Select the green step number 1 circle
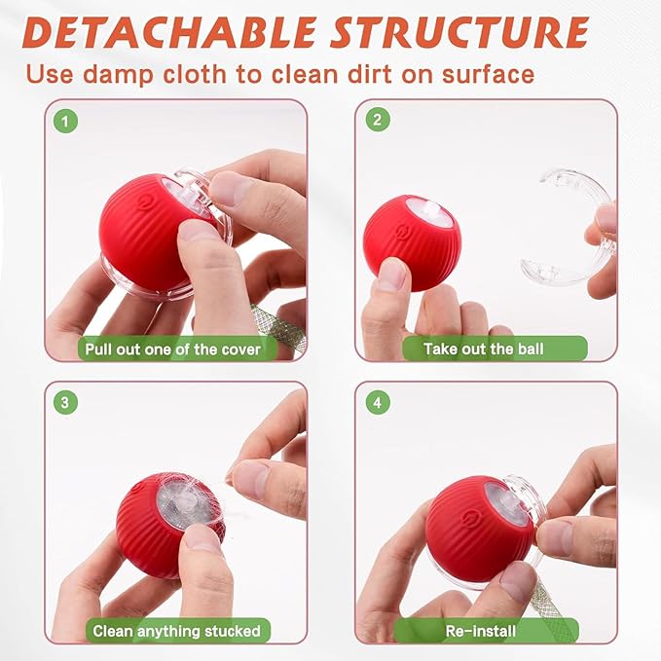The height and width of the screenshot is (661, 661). tap(66, 122)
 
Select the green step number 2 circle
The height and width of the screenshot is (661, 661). tap(377, 121)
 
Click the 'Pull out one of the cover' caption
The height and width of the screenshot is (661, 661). tap(172, 348)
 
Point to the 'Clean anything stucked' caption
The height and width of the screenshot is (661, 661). tap(176, 631)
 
